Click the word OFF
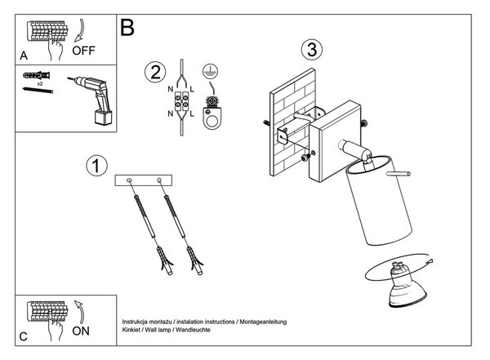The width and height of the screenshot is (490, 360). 83,51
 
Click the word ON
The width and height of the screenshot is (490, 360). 81,331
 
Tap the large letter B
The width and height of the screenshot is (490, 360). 127,27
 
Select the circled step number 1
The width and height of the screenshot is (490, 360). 96,166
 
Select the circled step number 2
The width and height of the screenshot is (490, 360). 155,73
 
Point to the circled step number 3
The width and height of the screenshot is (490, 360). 312,50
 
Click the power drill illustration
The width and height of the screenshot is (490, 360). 92,99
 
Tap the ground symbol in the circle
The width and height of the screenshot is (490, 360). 211,72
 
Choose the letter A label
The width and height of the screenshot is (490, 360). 24,56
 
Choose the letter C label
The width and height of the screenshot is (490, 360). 24,336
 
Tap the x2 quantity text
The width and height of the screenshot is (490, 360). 40,84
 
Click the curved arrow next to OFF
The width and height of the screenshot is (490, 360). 80,30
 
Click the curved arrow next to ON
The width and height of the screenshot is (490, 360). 80,312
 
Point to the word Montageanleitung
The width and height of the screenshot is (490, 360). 263,322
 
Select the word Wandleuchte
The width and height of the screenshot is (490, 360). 193,330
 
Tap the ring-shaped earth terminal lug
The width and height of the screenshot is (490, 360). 212,118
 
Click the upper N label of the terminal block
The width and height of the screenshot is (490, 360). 171,89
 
